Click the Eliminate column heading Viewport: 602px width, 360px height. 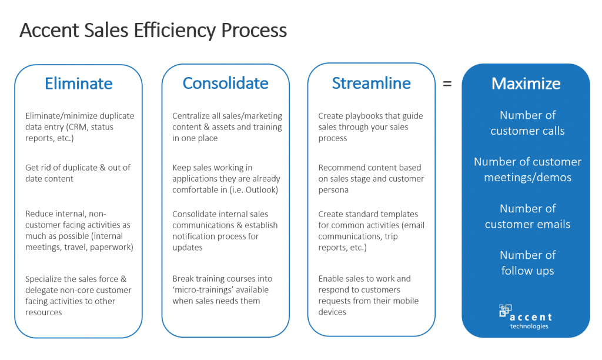(x=78, y=84)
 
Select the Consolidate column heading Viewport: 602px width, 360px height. (x=225, y=84)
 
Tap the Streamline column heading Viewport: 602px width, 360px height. (x=371, y=84)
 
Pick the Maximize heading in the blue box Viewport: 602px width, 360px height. (x=526, y=84)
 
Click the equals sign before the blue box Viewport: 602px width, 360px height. (x=447, y=84)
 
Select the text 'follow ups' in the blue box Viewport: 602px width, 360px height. (x=527, y=271)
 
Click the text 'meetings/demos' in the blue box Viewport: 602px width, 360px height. (x=527, y=177)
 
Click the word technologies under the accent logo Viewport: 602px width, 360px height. (x=529, y=326)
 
